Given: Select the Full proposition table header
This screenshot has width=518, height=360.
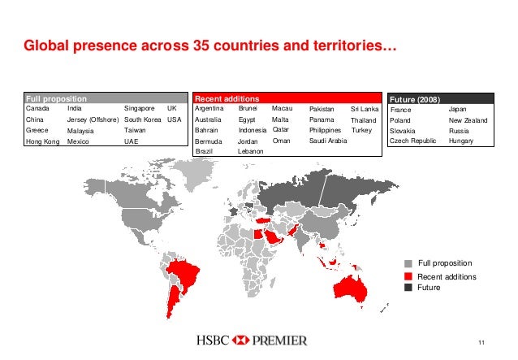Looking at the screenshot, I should point(56,98).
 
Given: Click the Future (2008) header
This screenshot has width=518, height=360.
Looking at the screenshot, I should point(415,98).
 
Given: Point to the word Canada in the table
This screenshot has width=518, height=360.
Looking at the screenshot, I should point(37,107).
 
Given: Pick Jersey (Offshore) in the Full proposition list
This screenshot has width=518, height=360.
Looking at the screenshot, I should point(93,119).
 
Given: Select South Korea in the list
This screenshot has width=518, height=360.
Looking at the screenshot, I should point(144,119).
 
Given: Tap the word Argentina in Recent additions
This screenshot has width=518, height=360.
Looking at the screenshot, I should point(210,107).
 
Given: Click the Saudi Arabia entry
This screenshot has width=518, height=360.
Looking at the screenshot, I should point(328,141).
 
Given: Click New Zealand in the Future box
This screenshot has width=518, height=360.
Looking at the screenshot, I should point(468,119).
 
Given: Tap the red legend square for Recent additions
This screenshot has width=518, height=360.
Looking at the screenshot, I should point(409,277).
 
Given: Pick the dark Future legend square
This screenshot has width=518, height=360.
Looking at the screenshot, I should point(409,288).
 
